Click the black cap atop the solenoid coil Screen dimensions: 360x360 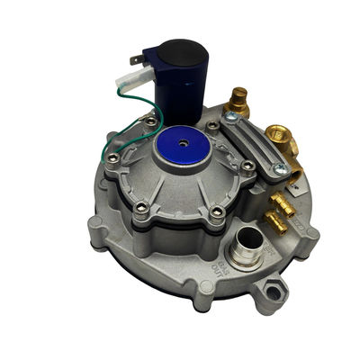pyautogui.click(x=179, y=50)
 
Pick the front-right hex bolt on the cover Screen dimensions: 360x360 pyautogui.click(x=216, y=213)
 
